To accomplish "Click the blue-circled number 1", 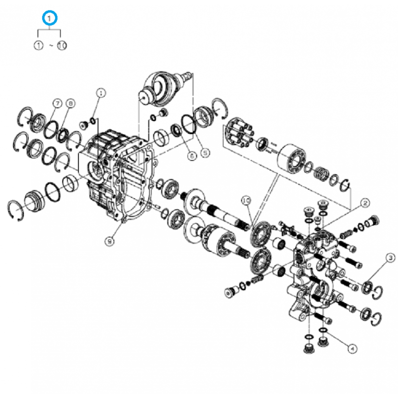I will click(x=50, y=18).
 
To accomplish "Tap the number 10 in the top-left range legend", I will click(x=62, y=45).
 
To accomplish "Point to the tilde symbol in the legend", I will click(x=50, y=45).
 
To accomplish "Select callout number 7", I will click(x=57, y=103).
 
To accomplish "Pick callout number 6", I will click(x=192, y=155).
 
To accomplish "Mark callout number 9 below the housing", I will click(x=108, y=241).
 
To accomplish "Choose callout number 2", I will click(x=365, y=202).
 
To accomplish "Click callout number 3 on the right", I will click(x=391, y=257).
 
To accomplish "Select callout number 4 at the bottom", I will click(x=352, y=349).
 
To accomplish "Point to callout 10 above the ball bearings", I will click(x=245, y=200).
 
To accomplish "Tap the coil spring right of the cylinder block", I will click(x=320, y=175).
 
